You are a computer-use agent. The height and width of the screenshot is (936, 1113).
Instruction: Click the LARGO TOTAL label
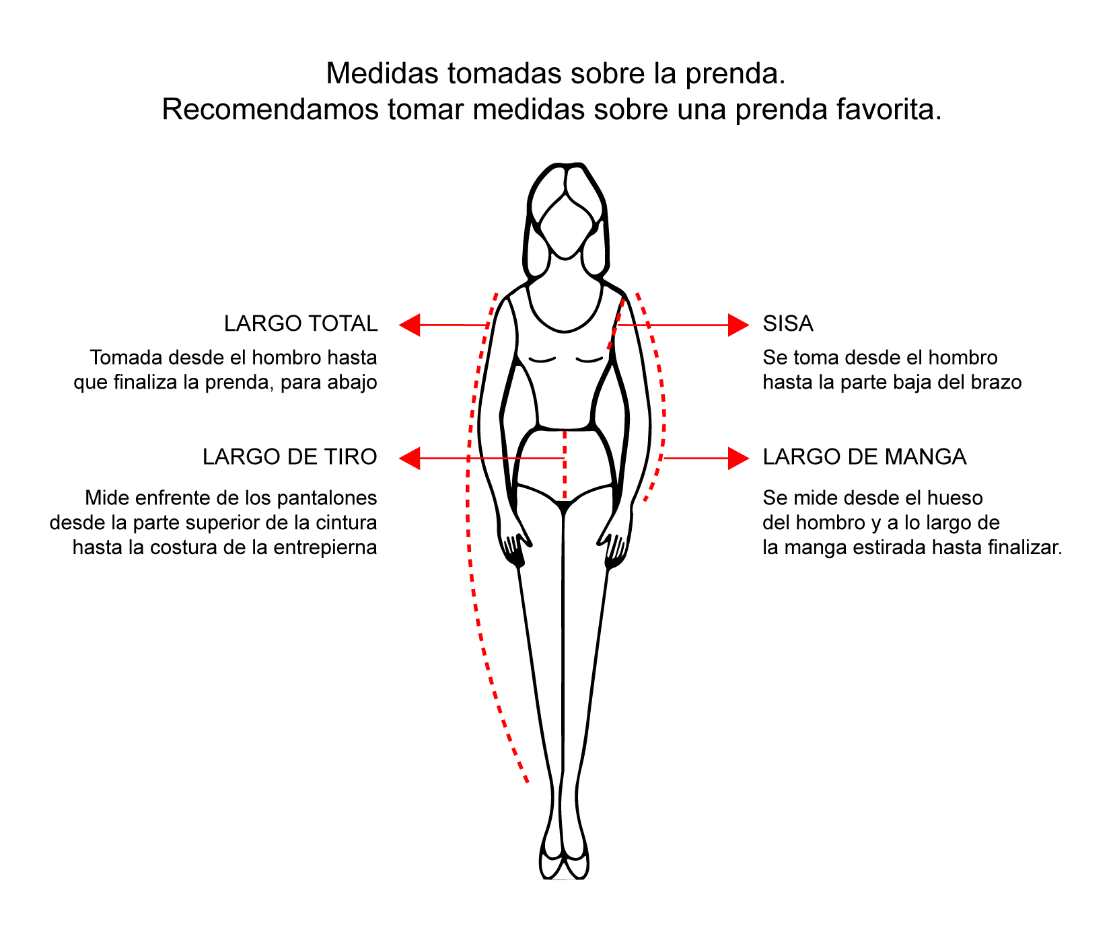(x=301, y=323)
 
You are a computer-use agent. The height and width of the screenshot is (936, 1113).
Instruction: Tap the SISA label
(x=788, y=323)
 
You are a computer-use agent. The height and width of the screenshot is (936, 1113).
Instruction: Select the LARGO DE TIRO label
(x=290, y=457)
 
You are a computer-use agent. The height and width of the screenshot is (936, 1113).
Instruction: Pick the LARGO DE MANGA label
(x=865, y=457)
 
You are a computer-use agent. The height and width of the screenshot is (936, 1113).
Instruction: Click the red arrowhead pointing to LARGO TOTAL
(x=410, y=325)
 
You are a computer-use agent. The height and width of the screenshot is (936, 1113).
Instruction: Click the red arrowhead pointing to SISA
(x=739, y=325)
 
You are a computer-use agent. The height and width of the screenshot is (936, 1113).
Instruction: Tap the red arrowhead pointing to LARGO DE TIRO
(x=410, y=459)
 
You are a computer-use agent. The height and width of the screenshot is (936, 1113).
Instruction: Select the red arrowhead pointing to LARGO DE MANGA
(x=739, y=459)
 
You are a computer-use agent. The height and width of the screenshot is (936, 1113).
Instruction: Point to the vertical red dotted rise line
(x=564, y=466)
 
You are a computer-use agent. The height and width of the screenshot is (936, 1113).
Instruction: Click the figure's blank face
(x=565, y=225)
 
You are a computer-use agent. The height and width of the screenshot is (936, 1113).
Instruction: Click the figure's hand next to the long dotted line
(x=515, y=548)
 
